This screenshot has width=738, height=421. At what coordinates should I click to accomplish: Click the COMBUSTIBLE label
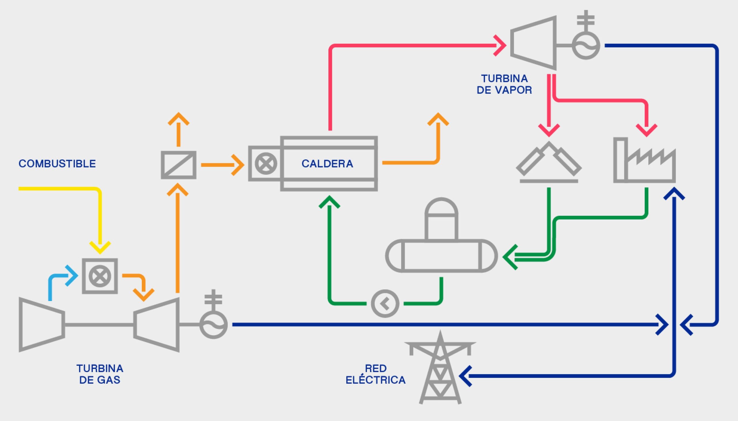57,164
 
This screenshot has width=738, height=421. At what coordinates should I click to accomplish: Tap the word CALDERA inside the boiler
327,164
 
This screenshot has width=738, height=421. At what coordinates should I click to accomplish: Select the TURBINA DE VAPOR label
504,84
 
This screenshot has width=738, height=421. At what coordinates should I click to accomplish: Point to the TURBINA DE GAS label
100,374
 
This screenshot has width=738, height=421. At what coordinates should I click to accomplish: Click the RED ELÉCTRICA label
376,374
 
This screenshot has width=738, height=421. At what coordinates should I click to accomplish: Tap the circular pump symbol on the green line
385,304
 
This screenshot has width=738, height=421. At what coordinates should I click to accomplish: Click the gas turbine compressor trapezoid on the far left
41,325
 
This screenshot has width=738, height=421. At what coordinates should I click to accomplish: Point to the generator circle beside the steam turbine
586,46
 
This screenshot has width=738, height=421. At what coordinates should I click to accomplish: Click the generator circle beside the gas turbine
213,325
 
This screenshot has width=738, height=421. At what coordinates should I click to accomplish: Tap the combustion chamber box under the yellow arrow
100,276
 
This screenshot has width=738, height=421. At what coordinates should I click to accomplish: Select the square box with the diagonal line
179,165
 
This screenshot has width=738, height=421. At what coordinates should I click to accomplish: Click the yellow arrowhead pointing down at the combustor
100,247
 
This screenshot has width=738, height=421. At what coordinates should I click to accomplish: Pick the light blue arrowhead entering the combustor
71,276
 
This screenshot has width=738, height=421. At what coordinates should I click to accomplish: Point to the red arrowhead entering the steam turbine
500,46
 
